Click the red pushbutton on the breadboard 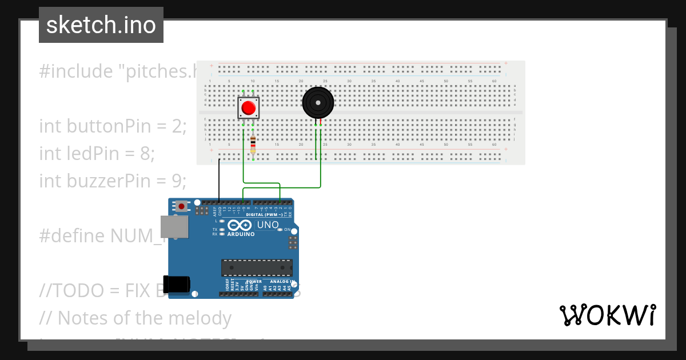coord(249,108)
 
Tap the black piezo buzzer coord(317,102)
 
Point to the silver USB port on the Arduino coord(173,227)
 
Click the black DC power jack coord(176,285)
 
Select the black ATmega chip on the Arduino coord(257,267)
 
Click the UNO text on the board coord(268,225)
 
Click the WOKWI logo coord(607,315)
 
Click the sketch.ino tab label coord(101,25)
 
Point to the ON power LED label coord(287,229)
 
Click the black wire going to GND coord(220,180)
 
